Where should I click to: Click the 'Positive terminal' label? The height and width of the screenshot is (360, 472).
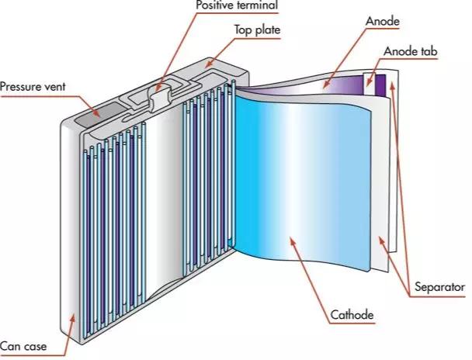click(x=237, y=5)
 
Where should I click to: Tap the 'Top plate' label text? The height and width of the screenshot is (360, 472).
click(x=258, y=30)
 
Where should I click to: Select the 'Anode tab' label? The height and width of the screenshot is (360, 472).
click(x=411, y=51)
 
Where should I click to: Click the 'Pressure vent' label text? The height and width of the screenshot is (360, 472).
click(x=33, y=87)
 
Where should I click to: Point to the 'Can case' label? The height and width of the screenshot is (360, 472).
click(x=23, y=346)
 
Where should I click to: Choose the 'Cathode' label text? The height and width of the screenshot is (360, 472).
click(x=352, y=315)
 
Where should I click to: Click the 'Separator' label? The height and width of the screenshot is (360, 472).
click(x=440, y=287)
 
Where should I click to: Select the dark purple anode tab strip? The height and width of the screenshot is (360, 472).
click(x=381, y=85)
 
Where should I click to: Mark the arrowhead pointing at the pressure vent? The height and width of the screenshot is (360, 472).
click(x=96, y=114)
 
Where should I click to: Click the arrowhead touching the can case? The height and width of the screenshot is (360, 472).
click(x=72, y=318)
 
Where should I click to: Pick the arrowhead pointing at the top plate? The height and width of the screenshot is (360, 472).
click(x=209, y=64)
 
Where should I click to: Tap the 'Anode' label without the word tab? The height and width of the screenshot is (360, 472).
click(x=382, y=22)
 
